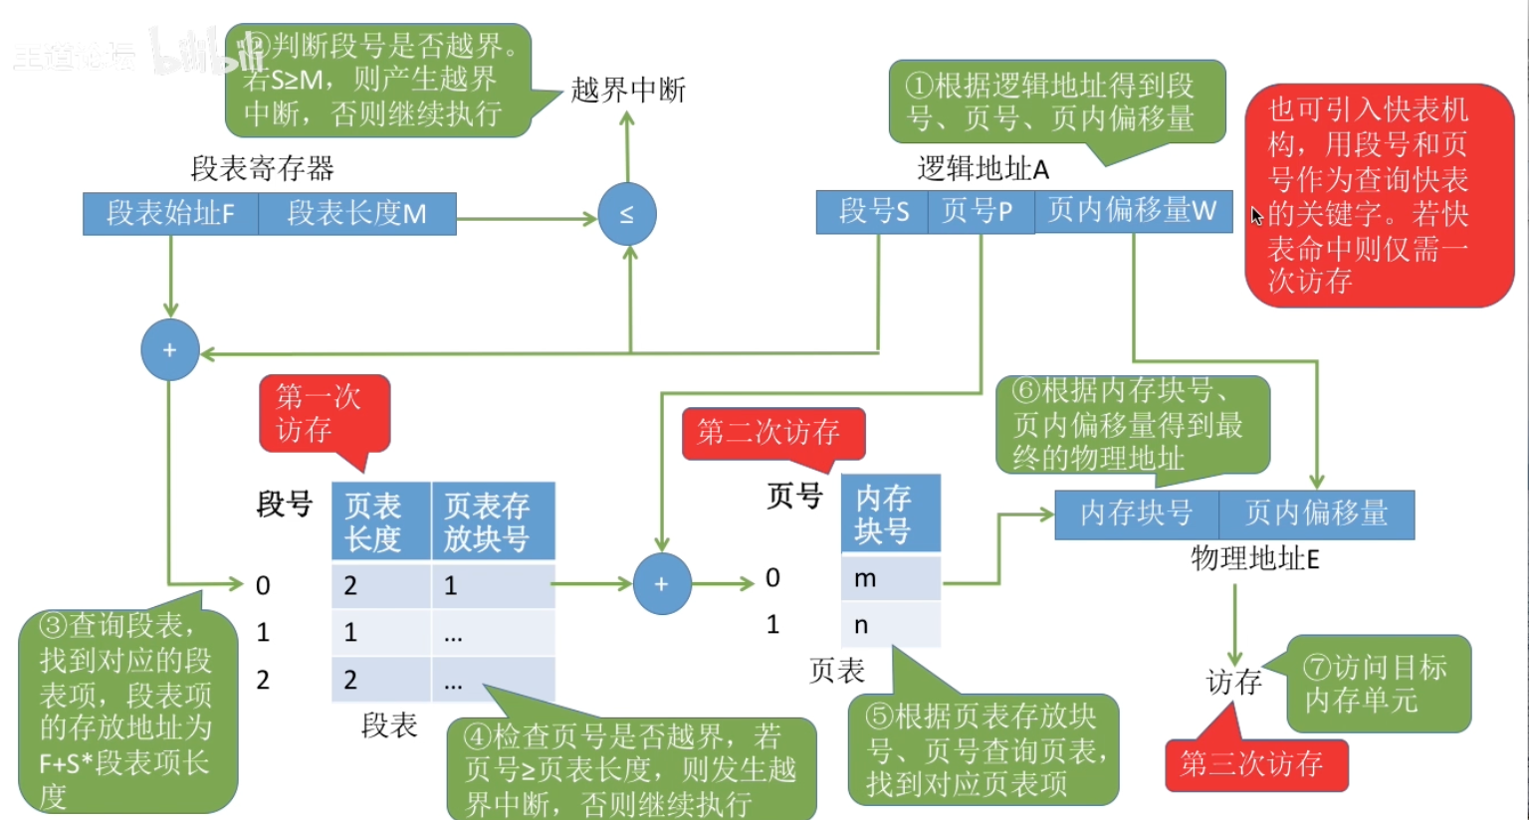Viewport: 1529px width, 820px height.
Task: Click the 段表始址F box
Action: click(x=170, y=214)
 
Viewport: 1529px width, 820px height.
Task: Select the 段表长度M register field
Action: click(x=357, y=214)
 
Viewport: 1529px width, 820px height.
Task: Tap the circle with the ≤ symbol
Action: click(x=627, y=214)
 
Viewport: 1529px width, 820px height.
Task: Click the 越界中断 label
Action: click(x=628, y=91)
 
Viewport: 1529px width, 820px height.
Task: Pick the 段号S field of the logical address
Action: click(x=873, y=211)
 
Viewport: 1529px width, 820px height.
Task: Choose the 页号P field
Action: click(x=980, y=211)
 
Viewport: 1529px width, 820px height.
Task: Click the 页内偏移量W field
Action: click(x=1132, y=211)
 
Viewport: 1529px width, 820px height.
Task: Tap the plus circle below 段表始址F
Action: click(x=170, y=350)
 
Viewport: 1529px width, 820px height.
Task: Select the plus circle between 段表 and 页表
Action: click(x=661, y=584)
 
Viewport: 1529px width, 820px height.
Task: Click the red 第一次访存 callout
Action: click(x=324, y=414)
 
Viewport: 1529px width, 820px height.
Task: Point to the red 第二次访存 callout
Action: click(x=771, y=433)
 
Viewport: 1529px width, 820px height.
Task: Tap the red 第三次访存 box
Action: click(x=1255, y=764)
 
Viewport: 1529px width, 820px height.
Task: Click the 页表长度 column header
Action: click(x=380, y=521)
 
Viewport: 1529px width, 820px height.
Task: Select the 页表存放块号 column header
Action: click(x=492, y=521)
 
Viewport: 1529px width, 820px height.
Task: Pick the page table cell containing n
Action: click(x=890, y=625)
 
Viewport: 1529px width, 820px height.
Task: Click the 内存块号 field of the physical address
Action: click(x=1137, y=513)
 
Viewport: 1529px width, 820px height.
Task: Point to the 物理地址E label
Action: click(x=1255, y=558)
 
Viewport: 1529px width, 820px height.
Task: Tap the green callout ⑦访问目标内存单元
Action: click(x=1378, y=684)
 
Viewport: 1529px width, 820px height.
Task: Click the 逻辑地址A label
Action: click(x=983, y=169)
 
